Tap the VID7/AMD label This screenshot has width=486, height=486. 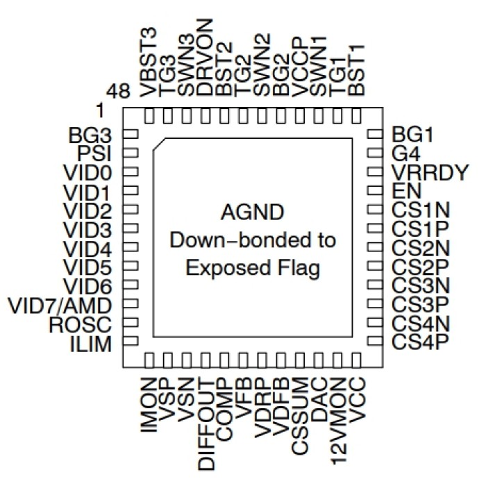pyautogui.click(x=62, y=305)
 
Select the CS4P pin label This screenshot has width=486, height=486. pyautogui.click(x=417, y=342)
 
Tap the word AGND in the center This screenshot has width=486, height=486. pyautogui.click(x=253, y=212)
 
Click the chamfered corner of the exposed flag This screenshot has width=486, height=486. pyautogui.click(x=159, y=144)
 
